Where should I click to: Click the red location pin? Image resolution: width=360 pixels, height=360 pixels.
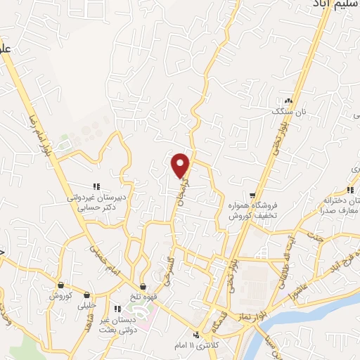tap(181, 165)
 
